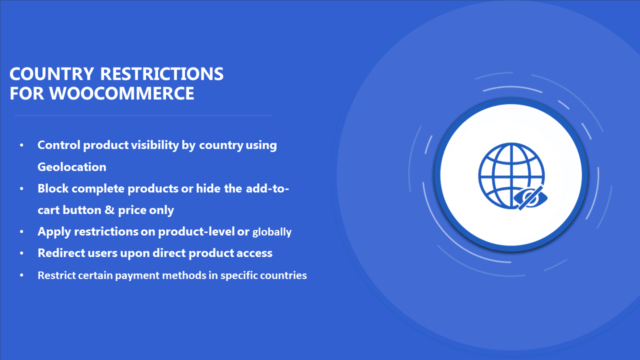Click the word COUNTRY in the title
[51, 73]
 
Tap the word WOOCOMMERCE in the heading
[121, 93]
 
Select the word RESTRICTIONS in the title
[161, 73]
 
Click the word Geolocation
[72, 167]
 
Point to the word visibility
[155, 145]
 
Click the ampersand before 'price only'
[109, 209]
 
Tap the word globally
[271, 232]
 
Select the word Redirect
[61, 253]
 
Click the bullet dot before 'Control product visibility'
[21, 145]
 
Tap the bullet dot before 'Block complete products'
[21, 188]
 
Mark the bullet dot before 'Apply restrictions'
[21, 231]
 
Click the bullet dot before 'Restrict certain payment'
[21, 275]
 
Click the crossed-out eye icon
[530, 197]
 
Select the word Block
[53, 188]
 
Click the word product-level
[196, 231]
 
